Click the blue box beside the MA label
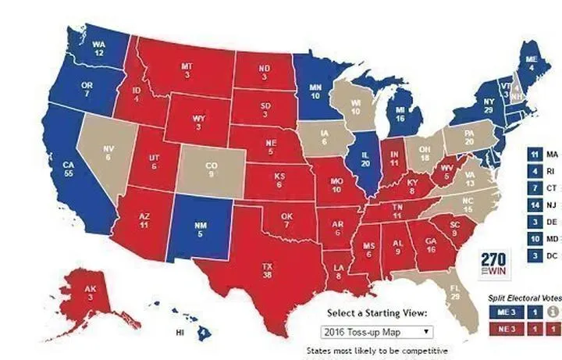coord(534,155)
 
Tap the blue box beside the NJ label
coord(534,205)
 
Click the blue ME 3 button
coord(504,312)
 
